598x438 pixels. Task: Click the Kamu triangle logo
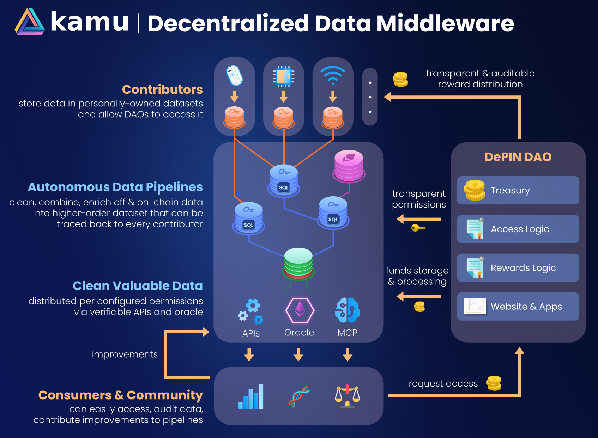[x=30, y=22]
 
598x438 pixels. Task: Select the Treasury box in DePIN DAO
[x=518, y=190]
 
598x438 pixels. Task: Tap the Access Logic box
[x=518, y=229]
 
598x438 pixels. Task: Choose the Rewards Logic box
[x=518, y=268]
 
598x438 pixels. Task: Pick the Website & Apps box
[x=518, y=307]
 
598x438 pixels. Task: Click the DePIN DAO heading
[x=518, y=157]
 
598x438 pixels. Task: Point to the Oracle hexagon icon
[x=300, y=310]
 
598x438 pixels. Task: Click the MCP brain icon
[x=348, y=310]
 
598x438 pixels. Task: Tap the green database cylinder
[x=298, y=263]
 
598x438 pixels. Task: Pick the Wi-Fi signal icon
[x=333, y=75]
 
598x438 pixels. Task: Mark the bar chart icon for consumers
[x=251, y=397]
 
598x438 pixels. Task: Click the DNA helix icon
[x=299, y=396]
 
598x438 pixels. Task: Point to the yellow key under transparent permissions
[x=418, y=228]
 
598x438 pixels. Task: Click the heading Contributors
[x=162, y=90]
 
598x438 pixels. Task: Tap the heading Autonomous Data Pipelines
[x=115, y=187]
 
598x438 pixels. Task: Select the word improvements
[x=125, y=354]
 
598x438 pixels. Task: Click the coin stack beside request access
[x=494, y=383]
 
